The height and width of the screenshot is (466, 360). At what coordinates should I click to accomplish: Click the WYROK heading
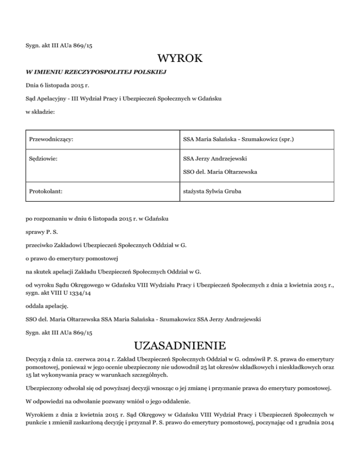coord(180,59)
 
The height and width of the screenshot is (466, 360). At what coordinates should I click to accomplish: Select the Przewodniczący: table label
coord(53,139)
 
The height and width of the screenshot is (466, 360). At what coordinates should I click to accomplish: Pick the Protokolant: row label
coord(46,191)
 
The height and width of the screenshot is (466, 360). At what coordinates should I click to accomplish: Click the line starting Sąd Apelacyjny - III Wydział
coord(123,99)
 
